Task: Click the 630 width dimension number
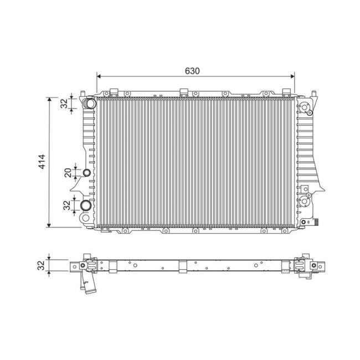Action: tap(192, 71)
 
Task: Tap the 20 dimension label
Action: tap(67, 173)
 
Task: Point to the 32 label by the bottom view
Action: tap(41, 265)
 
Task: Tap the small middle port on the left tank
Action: tap(87, 174)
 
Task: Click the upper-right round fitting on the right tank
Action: tap(304, 107)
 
